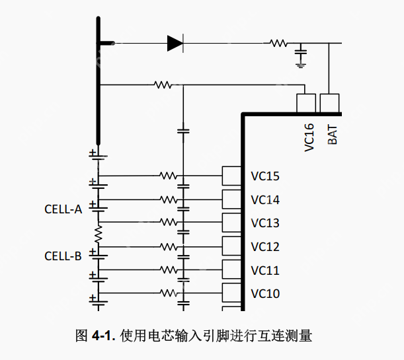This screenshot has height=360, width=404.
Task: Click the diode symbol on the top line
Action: click(175, 44)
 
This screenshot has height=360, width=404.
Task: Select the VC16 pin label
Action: click(309, 139)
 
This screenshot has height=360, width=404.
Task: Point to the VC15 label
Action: click(265, 176)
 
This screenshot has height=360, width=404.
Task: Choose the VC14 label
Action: click(265, 200)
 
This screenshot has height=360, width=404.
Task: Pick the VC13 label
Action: click(265, 223)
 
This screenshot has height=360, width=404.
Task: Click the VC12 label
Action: click(265, 247)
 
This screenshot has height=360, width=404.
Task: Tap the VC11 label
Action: click(265, 271)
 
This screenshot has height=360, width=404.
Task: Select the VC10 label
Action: click(265, 294)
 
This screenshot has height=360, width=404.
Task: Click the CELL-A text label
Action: click(63, 209)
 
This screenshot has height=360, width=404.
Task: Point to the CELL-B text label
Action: click(63, 256)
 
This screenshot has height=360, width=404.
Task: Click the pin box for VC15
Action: click(231, 176)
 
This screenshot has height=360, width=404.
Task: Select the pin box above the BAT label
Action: click(329, 103)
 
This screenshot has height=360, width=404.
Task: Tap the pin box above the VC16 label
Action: click(305, 103)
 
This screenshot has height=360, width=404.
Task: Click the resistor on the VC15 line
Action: click(167, 176)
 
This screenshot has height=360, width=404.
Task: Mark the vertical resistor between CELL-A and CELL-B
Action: click(99, 233)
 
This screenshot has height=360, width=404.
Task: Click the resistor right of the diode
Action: click(277, 44)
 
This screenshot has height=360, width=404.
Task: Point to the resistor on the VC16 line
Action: click(163, 85)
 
